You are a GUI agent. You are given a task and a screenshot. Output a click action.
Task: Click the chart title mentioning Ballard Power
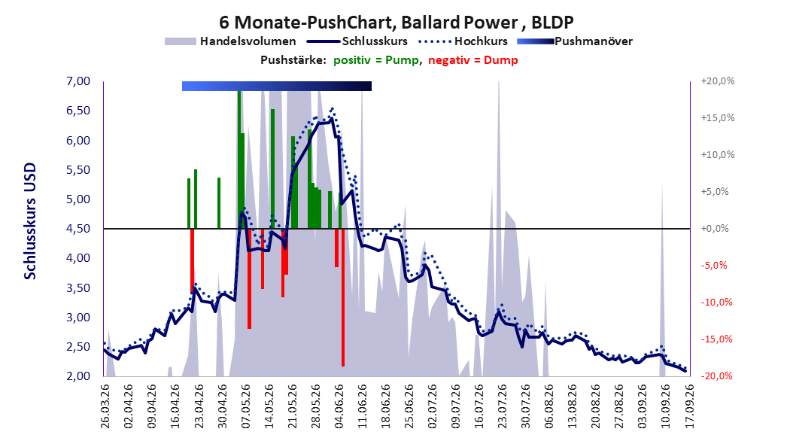(x=396, y=23)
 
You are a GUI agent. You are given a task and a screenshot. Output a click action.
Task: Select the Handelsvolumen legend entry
(x=230, y=41)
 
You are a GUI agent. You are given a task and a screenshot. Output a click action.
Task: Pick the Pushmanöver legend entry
(x=575, y=41)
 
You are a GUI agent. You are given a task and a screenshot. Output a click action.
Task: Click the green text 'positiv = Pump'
(x=376, y=60)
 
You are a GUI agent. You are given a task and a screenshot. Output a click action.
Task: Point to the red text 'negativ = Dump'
(x=473, y=60)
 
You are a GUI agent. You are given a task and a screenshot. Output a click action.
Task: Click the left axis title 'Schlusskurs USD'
(x=30, y=221)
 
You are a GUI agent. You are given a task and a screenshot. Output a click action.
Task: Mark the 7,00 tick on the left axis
(x=78, y=81)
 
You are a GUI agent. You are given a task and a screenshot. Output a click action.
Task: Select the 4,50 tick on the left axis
(x=78, y=229)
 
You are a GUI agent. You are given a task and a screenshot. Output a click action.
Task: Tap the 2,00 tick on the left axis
(x=78, y=376)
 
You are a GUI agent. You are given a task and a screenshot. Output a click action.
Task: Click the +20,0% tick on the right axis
(x=718, y=81)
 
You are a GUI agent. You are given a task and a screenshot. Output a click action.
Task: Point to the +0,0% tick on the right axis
(x=715, y=229)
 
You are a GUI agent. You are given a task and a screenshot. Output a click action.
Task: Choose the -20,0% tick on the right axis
(x=716, y=376)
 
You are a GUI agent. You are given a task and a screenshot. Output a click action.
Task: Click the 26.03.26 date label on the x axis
(x=105, y=406)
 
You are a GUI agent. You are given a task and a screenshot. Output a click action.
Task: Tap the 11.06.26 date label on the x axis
(x=362, y=406)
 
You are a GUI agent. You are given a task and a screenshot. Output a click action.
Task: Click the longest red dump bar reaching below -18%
(x=343, y=297)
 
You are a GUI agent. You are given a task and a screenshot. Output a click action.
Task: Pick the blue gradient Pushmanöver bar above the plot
(x=277, y=86)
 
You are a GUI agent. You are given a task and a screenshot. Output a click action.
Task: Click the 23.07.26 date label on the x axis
(x=502, y=406)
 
